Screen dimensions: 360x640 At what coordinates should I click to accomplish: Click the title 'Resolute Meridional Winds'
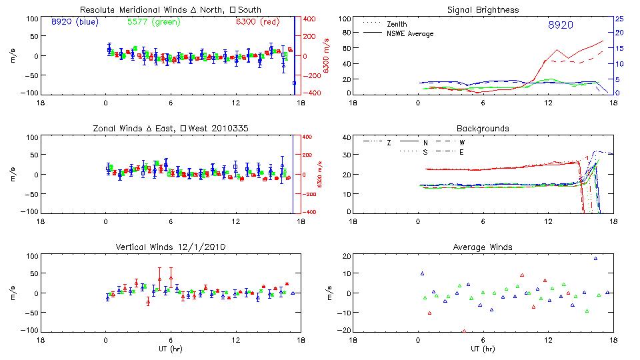[131, 10]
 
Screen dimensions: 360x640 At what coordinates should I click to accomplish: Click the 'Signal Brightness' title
[483, 10]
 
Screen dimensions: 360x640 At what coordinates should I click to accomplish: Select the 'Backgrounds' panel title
[483, 128]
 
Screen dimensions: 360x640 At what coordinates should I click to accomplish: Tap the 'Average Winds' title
[483, 247]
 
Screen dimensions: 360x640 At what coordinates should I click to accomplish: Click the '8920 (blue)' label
[74, 22]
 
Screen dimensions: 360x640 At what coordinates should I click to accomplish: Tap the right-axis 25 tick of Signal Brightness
[619, 19]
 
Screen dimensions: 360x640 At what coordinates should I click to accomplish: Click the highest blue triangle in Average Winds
[596, 258]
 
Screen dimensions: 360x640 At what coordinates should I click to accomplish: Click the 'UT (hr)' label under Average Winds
[483, 349]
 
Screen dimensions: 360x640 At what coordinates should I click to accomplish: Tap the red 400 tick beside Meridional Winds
[310, 19]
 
